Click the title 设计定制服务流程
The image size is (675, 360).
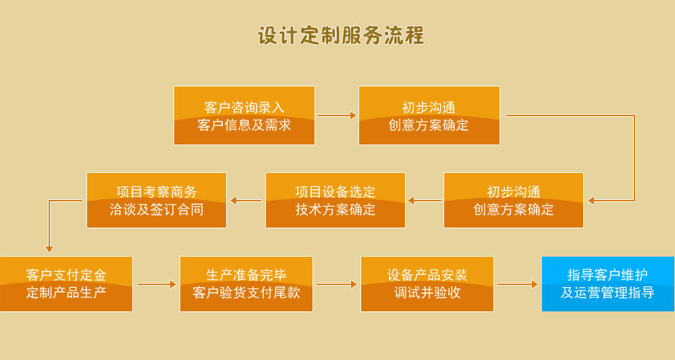(341, 36)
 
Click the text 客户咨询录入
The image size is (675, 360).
(244, 107)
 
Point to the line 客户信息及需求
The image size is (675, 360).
(244, 125)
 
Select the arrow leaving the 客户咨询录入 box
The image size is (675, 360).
(336, 115)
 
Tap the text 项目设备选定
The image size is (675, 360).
(335, 192)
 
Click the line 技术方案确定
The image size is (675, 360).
(335, 209)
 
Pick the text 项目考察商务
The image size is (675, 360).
(156, 192)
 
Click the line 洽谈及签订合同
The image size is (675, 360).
(156, 209)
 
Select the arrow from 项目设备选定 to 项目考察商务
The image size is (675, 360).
(246, 201)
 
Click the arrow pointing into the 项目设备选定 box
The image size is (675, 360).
(425, 201)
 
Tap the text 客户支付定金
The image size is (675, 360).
(65, 275)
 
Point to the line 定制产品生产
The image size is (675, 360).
(65, 293)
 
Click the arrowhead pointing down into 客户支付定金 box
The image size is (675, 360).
(49, 249)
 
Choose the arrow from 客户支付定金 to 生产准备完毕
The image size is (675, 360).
(157, 284)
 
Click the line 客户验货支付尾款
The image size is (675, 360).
(246, 293)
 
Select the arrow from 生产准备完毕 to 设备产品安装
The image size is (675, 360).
(336, 284)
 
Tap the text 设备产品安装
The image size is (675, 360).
(427, 275)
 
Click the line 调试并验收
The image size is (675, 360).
(427, 293)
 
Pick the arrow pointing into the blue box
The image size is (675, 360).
(518, 284)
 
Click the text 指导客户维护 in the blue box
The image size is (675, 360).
(607, 275)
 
